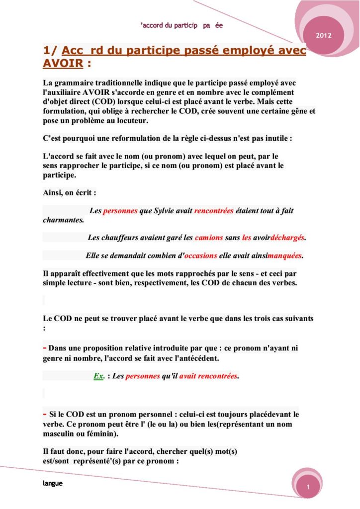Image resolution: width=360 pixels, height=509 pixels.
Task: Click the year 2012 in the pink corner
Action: (x=324, y=36)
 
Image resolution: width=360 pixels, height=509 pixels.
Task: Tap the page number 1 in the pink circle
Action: (x=308, y=489)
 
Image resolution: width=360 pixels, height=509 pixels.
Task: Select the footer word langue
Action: (x=52, y=483)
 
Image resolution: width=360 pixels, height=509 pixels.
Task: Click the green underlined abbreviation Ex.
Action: (x=98, y=376)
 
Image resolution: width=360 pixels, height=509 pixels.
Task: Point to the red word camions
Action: (x=209, y=238)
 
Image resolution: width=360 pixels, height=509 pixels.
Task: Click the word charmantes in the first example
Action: (x=63, y=219)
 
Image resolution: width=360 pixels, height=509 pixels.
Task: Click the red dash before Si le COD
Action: (x=45, y=414)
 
